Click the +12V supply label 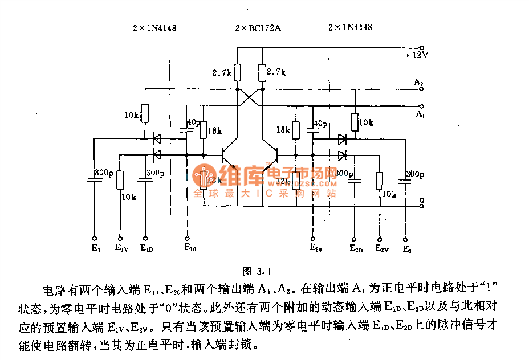coord(417,55)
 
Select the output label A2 coord(418,83)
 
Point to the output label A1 coord(420,114)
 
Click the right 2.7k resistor coord(262,72)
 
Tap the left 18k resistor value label coord(215,131)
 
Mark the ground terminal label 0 coord(421,201)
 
